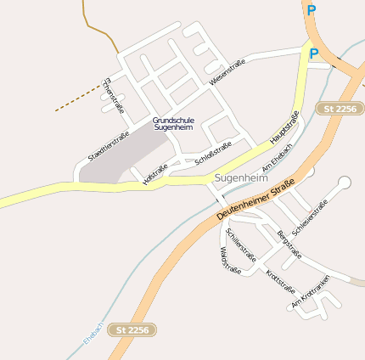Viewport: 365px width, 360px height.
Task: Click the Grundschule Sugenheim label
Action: pos(173,124)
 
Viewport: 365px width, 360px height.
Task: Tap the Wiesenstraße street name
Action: pos(227,71)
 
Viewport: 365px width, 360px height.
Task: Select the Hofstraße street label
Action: pos(155,171)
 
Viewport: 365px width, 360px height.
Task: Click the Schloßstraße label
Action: pos(213,153)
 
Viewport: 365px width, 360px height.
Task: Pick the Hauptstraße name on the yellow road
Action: pos(284,127)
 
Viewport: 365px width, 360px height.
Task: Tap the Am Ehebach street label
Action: pos(278,159)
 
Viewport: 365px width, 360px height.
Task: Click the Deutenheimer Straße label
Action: pos(255,199)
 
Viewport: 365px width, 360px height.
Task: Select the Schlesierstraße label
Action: pos(309,217)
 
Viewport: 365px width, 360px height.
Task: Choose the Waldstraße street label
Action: pos(230,260)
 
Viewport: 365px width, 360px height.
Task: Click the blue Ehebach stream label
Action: pos(93,332)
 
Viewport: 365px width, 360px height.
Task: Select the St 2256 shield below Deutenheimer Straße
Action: pos(133,329)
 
